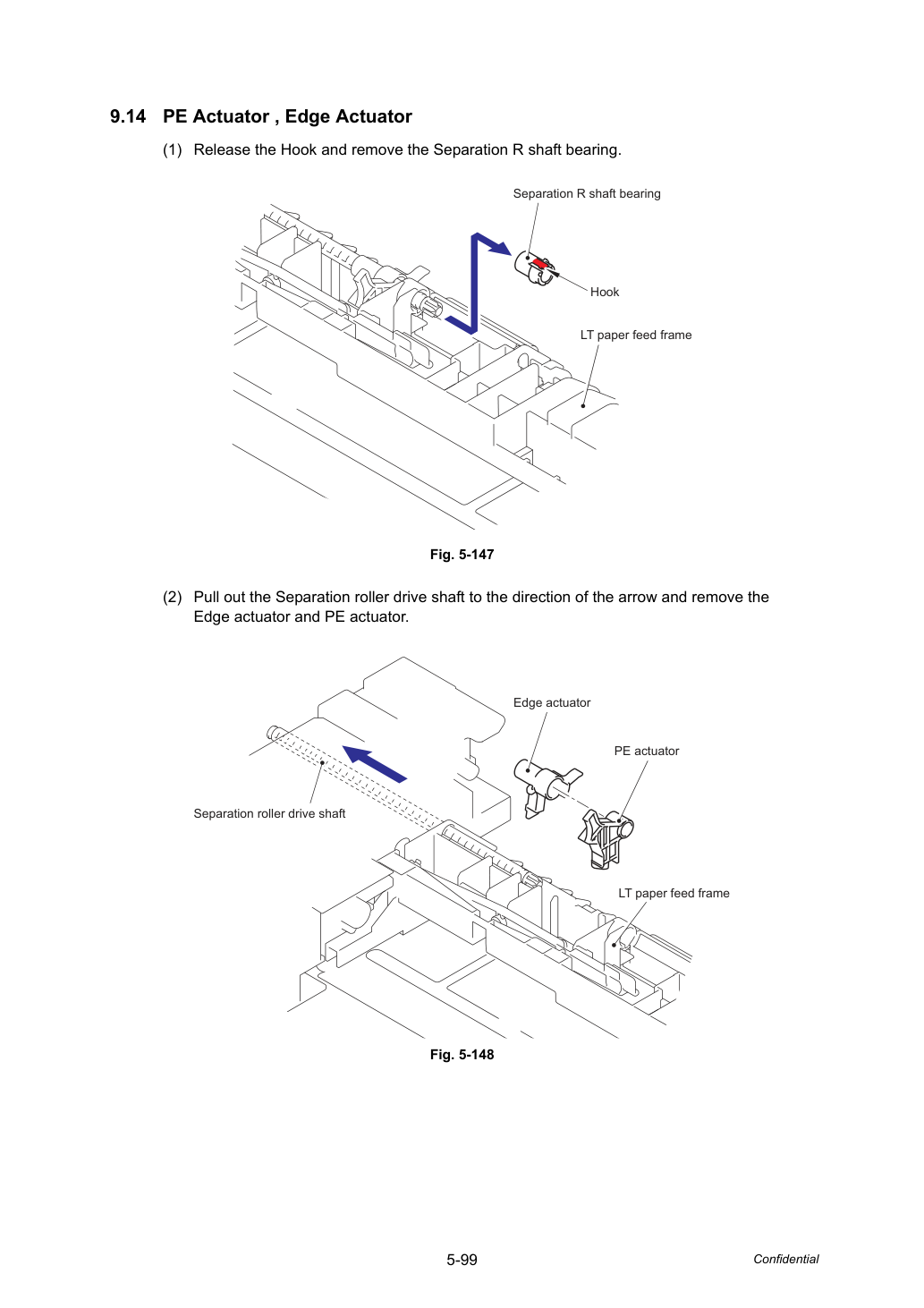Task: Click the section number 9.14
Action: (128, 117)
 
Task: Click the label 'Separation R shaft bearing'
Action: (587, 194)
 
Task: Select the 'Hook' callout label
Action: (604, 292)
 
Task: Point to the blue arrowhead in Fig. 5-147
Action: (500, 248)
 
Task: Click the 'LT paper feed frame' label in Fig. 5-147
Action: (636, 335)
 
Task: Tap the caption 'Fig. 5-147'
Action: (462, 555)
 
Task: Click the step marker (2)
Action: (173, 598)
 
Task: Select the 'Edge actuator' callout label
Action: (552, 703)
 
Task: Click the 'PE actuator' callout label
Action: (646, 752)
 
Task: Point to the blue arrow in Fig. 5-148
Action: (374, 764)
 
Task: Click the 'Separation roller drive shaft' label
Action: (269, 814)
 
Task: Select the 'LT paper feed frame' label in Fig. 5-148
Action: (674, 894)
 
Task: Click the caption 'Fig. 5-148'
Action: (462, 1055)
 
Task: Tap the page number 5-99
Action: (462, 1260)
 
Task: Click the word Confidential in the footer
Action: (785, 1260)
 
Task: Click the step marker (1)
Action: (173, 150)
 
